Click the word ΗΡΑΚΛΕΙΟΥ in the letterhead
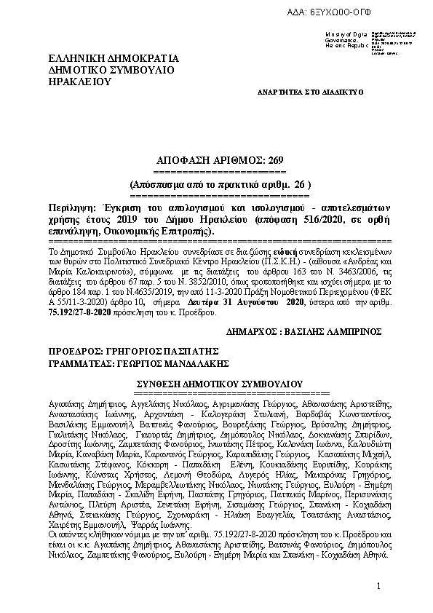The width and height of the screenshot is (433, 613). [x=81, y=82]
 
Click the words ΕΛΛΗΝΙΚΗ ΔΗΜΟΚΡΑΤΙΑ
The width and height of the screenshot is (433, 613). [x=113, y=58]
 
